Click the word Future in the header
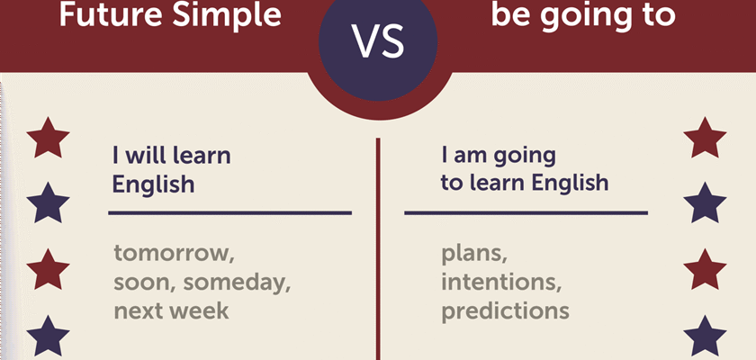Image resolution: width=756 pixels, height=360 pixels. [111, 13]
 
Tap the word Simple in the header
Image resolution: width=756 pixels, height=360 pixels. [227, 14]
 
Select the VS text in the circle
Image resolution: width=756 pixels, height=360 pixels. [378, 41]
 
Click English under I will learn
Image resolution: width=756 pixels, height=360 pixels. [153, 185]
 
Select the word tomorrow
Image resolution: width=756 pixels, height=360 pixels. [174, 254]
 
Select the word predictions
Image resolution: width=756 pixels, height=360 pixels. [505, 310]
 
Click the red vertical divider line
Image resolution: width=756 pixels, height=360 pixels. [378, 248]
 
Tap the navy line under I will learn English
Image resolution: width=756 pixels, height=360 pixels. [230, 212]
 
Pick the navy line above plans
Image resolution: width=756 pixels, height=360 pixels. [526, 212]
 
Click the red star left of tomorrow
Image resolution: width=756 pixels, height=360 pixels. [48, 269]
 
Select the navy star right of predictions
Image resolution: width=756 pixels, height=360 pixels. [705, 336]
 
